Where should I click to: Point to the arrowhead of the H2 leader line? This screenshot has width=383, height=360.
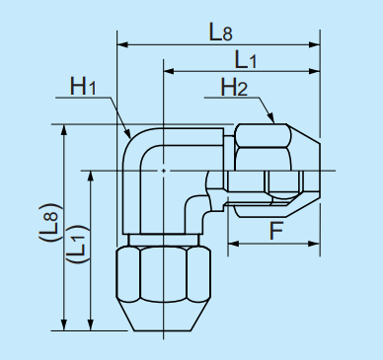pos(272,122)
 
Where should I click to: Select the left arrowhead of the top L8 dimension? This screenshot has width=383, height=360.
pos(121,43)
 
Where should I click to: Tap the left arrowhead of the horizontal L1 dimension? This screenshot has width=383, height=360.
pos(169,72)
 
